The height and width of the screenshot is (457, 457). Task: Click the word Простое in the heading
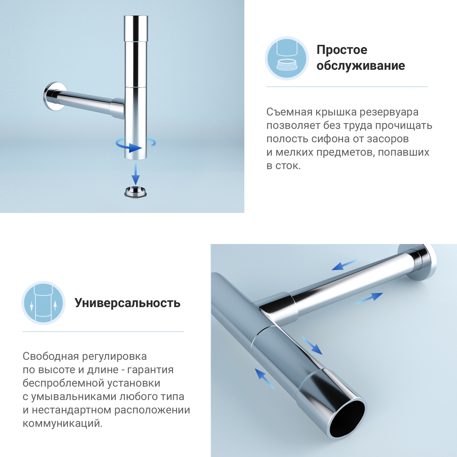click(342, 50)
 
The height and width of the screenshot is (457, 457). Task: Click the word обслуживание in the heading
click(361, 66)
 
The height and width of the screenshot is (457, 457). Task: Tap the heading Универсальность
click(127, 303)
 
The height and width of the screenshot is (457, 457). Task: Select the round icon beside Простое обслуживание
click(287, 58)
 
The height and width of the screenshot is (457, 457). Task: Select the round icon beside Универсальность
click(44, 303)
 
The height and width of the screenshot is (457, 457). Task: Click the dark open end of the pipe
click(347, 419)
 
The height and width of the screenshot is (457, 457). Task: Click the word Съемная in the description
click(289, 112)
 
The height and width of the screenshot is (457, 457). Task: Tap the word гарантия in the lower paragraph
click(150, 370)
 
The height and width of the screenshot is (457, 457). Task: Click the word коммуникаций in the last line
click(62, 423)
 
